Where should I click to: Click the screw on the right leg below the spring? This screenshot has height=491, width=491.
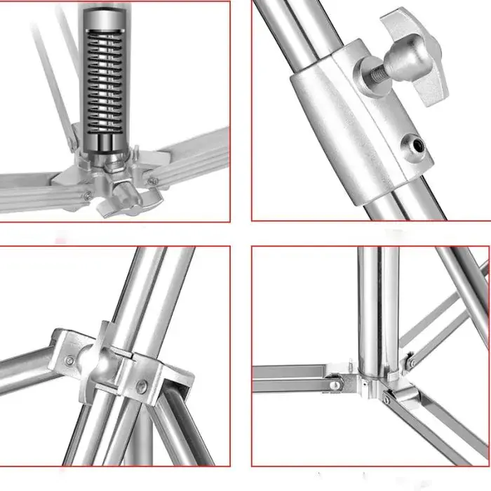pos(154,182)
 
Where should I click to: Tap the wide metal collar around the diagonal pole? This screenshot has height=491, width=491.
pos(351,126)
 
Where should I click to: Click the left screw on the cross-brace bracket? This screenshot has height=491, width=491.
pos(69,361)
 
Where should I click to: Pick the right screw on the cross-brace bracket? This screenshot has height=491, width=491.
pos(142,384)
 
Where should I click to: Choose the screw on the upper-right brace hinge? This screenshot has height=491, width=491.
pos(412,363)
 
